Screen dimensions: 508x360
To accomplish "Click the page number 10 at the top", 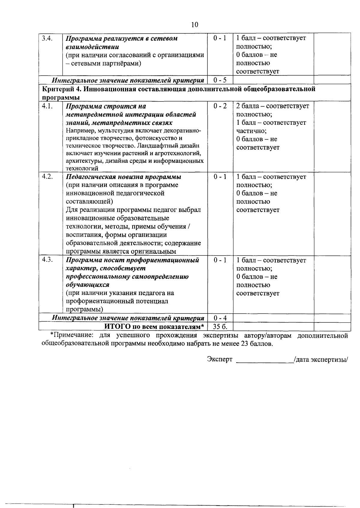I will click(x=194, y=25).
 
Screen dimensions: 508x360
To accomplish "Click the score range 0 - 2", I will click(x=220, y=106).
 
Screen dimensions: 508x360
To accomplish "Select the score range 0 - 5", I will click(x=220, y=80).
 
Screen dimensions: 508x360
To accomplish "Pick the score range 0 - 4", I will click(x=220, y=318).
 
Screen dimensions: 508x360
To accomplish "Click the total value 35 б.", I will click(x=220, y=326).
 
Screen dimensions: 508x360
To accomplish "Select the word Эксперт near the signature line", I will click(x=220, y=359).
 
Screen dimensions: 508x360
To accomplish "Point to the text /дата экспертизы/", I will click(x=321, y=359).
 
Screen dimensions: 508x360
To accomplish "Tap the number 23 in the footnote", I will click(x=244, y=344).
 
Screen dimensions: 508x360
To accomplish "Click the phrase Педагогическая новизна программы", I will click(x=123, y=177).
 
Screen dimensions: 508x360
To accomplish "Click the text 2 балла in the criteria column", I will click(x=249, y=106).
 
